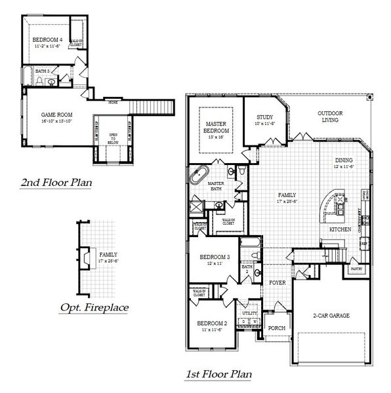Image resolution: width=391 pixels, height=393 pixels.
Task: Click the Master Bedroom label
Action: pos(216,127)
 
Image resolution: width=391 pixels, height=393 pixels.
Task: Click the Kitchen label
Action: pos(340,229)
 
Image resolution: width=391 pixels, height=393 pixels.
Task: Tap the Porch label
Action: pos(277,328)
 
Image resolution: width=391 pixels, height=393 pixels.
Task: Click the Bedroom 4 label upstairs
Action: pos(46,43)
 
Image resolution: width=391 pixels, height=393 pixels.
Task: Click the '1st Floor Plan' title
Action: pos(218,375)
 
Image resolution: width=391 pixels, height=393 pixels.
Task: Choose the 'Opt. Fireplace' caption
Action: pos(94,307)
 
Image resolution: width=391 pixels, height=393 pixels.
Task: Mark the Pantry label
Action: pos(356,269)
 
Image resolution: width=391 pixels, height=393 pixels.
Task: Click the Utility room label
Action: pos(249,314)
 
